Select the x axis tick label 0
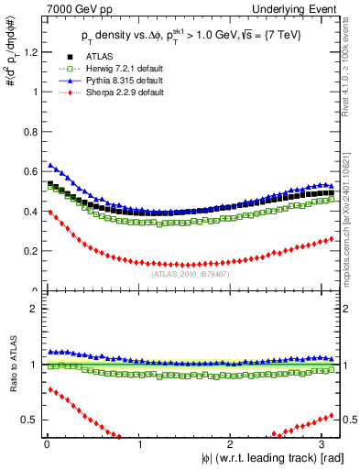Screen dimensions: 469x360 pyautogui.click(x=46, y=444)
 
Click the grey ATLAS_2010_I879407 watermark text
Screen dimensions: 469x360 pyautogui.click(x=191, y=272)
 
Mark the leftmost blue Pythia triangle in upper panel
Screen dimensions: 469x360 pyautogui.click(x=50, y=165)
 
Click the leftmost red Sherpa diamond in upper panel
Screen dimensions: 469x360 pyautogui.click(x=50, y=212)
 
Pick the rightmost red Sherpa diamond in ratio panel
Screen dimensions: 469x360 pyautogui.click(x=332, y=414)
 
